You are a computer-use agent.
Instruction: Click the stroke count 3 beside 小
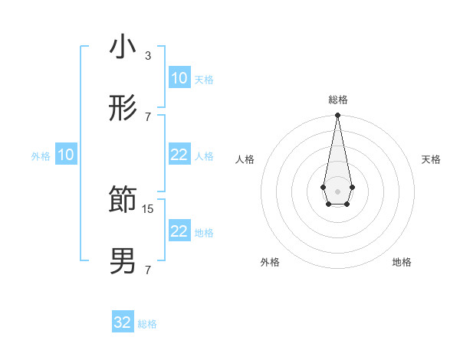pyautogui.click(x=147, y=56)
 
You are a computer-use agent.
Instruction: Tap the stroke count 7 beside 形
pyautogui.click(x=147, y=116)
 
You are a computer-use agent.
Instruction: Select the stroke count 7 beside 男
pyautogui.click(x=147, y=270)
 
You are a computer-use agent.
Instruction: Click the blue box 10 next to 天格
pyautogui.click(x=179, y=78)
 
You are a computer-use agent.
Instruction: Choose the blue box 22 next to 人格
pyautogui.click(x=179, y=155)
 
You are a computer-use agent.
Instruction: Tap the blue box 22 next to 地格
pyautogui.click(x=179, y=231)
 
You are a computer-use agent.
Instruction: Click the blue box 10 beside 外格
pyautogui.click(x=66, y=155)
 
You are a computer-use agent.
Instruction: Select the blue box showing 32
pyautogui.click(x=123, y=322)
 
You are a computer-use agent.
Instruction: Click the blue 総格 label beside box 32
pyautogui.click(x=147, y=324)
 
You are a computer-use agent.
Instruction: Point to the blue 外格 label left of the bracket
pyautogui.click(x=41, y=156)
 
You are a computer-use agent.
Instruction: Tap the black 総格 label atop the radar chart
pyautogui.click(x=337, y=100)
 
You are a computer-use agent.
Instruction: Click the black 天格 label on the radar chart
pyautogui.click(x=431, y=159)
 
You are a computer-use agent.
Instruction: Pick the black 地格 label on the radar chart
pyautogui.click(x=402, y=262)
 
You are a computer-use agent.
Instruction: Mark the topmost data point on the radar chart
pyautogui.click(x=337, y=116)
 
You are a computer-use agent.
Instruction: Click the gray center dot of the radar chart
pyautogui.click(x=337, y=191)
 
